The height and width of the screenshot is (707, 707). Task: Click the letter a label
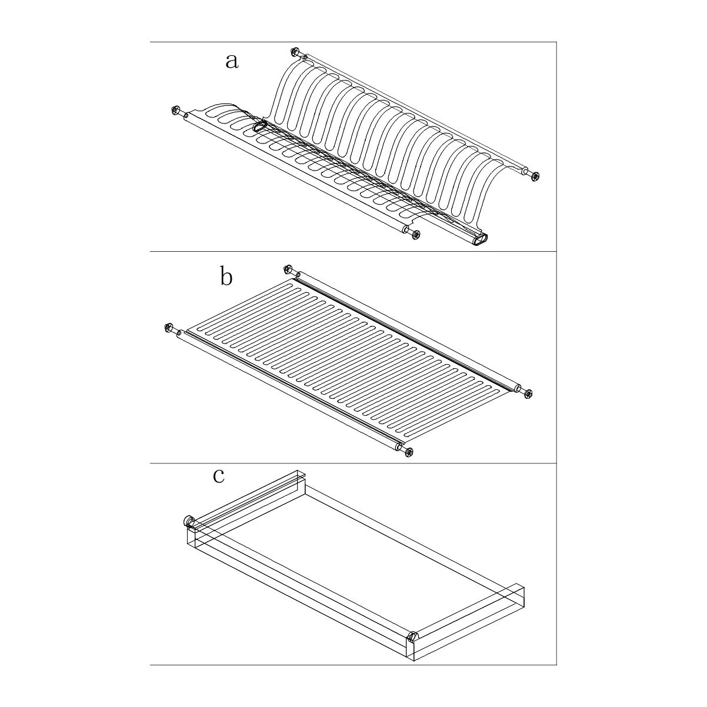pos(232,62)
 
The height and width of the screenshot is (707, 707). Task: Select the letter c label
pos(219,476)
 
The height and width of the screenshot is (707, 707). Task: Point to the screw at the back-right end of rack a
pos(535,176)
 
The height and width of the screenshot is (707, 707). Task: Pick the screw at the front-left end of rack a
pos(176,110)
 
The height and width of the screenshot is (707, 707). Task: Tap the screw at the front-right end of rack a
pos(416,235)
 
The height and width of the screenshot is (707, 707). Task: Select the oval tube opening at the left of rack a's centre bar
pos(259,126)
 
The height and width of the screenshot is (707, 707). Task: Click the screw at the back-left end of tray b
pos(288,269)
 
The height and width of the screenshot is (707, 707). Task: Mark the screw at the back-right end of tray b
pos(528,394)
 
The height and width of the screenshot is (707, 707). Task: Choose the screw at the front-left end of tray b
pos(168,327)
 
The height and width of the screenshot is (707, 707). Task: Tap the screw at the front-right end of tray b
pos(409,452)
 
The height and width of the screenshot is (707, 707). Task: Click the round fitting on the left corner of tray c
pos(189,521)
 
